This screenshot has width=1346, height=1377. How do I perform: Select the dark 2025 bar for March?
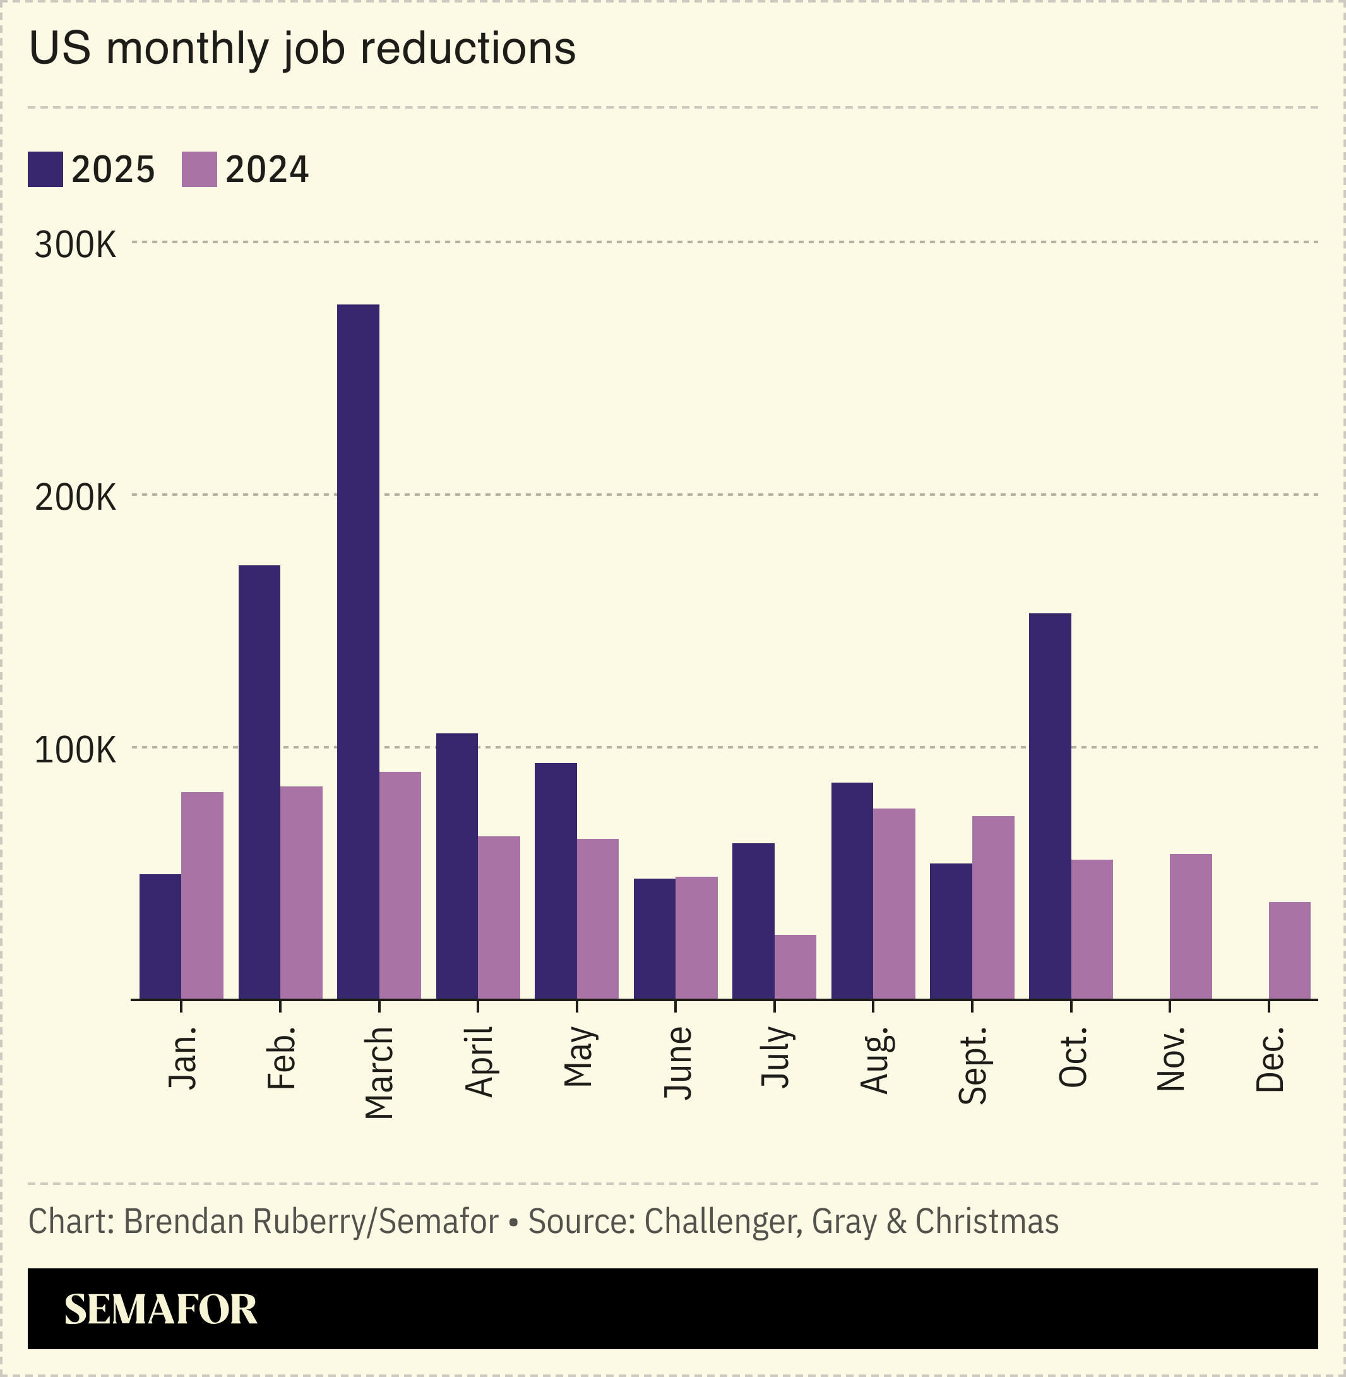(358, 651)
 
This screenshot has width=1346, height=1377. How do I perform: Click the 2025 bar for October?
(1050, 806)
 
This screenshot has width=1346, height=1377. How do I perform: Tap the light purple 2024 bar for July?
(795, 967)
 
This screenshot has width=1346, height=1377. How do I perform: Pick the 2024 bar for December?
(1289, 951)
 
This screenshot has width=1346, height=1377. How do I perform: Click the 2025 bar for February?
(259, 782)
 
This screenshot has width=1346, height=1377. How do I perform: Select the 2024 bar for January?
(202, 896)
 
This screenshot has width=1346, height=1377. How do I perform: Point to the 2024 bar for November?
(1191, 927)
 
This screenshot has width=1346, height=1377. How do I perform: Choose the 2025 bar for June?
(655, 939)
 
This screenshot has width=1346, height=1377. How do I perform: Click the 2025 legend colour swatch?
(45, 169)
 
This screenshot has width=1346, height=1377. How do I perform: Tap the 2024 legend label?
(266, 170)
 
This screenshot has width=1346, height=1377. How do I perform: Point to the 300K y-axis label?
(75, 246)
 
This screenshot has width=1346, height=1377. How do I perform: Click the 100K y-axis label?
(75, 750)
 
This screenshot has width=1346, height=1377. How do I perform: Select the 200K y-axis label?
(75, 498)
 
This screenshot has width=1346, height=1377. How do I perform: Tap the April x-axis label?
(479, 1062)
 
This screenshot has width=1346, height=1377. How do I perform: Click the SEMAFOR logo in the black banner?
(160, 1309)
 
